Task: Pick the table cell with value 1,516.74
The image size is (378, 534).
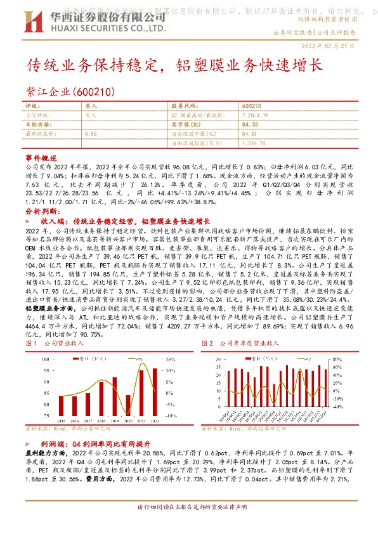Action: [x=253, y=143]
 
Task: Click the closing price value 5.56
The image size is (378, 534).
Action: [x=90, y=134]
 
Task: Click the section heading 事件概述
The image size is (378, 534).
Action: [x=36, y=155]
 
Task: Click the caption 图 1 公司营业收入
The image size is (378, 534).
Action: [x=55, y=342]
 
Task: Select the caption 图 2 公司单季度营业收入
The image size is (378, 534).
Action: [x=240, y=342]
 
